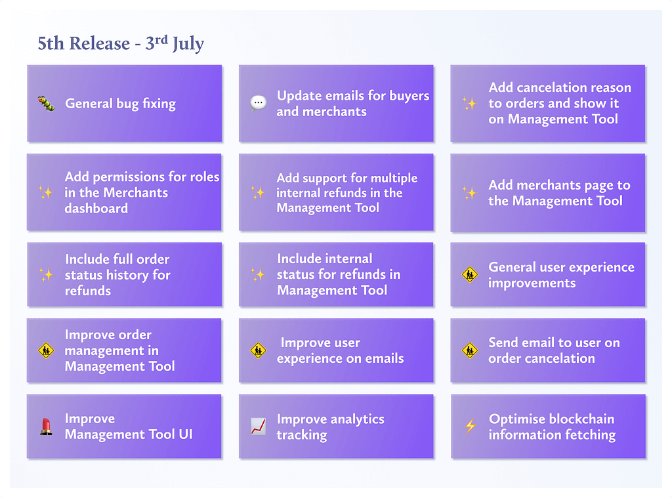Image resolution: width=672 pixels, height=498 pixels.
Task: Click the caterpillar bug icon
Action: [47, 103]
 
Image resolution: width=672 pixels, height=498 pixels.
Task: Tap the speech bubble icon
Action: [258, 103]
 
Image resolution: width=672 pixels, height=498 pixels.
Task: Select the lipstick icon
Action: [47, 426]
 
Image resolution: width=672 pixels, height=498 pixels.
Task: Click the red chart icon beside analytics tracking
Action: [258, 426]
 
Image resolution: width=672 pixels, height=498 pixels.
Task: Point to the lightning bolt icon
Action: [470, 426]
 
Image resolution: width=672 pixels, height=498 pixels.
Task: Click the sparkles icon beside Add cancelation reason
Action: [470, 103]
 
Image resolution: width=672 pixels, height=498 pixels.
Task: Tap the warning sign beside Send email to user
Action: [470, 350]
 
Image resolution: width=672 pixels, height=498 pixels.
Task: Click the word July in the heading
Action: [188, 44]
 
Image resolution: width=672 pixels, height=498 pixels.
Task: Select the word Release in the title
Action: [100, 43]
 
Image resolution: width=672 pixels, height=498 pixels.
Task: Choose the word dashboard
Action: [96, 208]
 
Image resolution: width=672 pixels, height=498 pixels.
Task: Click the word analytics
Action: [358, 419]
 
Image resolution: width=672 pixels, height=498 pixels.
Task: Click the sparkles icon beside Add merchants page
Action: [470, 193]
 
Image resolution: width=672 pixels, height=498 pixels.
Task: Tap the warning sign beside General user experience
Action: [470, 275]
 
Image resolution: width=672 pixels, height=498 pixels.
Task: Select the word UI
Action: [186, 434]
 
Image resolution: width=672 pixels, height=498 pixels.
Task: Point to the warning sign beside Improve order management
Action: [47, 350]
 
